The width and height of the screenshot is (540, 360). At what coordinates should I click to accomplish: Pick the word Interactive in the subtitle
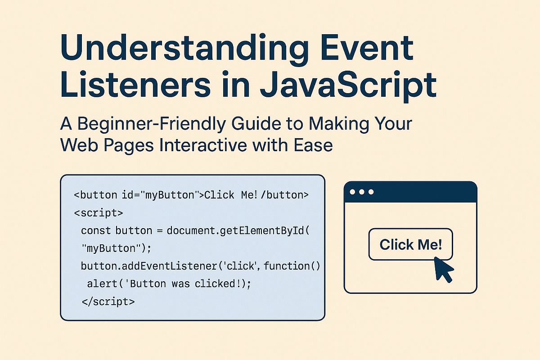[x=207, y=145]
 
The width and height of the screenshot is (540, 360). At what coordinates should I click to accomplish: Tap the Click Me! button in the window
[x=410, y=244]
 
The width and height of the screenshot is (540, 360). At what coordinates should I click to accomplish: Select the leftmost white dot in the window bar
[x=353, y=192]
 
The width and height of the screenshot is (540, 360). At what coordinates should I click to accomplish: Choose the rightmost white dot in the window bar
[x=371, y=192]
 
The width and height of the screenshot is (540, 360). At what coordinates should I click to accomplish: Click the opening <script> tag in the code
[x=98, y=213]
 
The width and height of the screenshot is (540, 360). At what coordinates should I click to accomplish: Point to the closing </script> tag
[x=108, y=301]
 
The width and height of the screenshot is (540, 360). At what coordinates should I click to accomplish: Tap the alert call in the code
[x=100, y=284]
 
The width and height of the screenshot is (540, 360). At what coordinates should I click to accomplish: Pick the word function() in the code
[x=292, y=266]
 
